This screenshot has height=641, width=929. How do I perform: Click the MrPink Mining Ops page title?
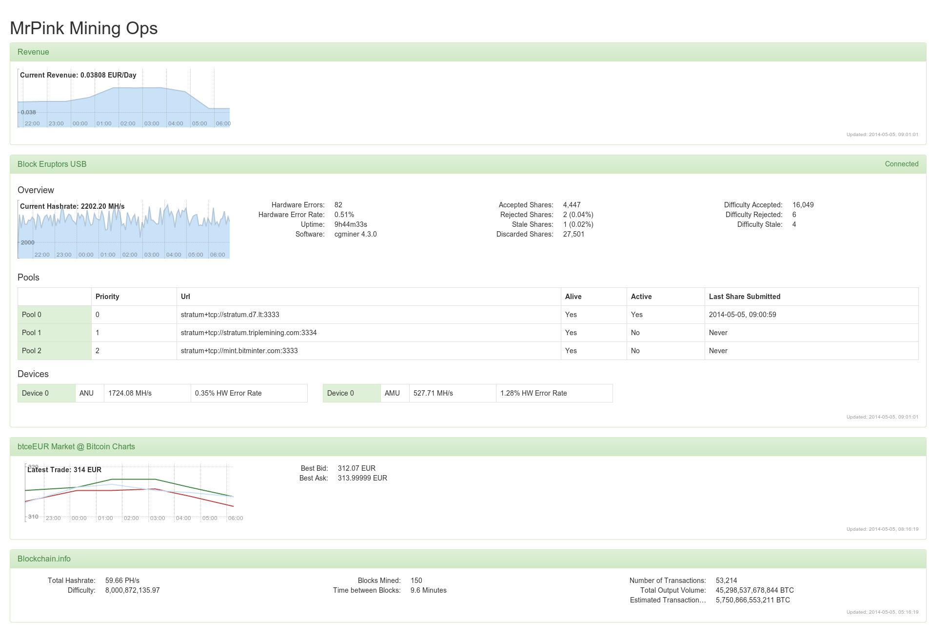(x=83, y=28)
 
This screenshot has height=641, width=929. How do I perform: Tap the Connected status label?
(x=901, y=164)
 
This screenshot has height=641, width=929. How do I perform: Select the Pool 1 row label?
(x=32, y=333)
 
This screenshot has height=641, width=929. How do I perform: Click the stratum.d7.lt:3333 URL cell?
(x=230, y=315)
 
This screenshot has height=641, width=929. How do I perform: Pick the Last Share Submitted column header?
(x=744, y=297)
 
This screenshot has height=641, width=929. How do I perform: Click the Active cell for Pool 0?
(x=636, y=315)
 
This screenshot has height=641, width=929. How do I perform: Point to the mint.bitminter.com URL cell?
(x=239, y=351)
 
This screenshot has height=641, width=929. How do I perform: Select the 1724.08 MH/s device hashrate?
(x=130, y=393)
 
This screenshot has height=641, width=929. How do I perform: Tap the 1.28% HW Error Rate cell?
(x=534, y=393)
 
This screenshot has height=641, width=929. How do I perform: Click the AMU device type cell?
(x=392, y=393)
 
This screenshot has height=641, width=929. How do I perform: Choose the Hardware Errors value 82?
(x=338, y=205)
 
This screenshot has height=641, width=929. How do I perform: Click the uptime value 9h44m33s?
(x=351, y=224)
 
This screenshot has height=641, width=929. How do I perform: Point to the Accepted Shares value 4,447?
(x=572, y=205)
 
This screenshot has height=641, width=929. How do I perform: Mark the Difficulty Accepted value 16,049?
(x=803, y=205)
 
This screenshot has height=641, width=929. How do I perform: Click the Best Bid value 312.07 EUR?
(x=356, y=468)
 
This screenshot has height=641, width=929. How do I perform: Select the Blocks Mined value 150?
(x=416, y=581)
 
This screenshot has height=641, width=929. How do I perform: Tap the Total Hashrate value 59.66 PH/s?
(x=122, y=581)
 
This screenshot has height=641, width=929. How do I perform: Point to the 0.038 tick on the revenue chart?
(x=28, y=112)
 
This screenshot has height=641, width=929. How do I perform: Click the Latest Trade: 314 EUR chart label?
(x=64, y=470)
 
